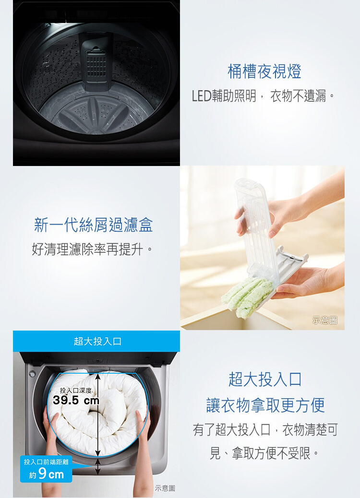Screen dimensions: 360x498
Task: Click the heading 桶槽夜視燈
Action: (264, 71)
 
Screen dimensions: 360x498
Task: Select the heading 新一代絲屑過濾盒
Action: (94, 225)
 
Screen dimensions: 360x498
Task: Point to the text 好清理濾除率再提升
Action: (90, 249)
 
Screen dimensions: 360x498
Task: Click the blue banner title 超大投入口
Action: (97, 342)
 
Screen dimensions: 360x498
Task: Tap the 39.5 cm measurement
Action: (76, 400)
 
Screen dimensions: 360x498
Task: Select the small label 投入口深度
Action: (76, 391)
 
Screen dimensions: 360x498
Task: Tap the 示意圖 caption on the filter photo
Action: (325, 320)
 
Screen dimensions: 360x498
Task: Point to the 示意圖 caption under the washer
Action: (165, 488)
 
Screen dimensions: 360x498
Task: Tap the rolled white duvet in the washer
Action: (97, 410)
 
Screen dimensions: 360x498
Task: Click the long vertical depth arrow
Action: (98, 415)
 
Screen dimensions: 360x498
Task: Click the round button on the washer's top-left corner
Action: (32, 374)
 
